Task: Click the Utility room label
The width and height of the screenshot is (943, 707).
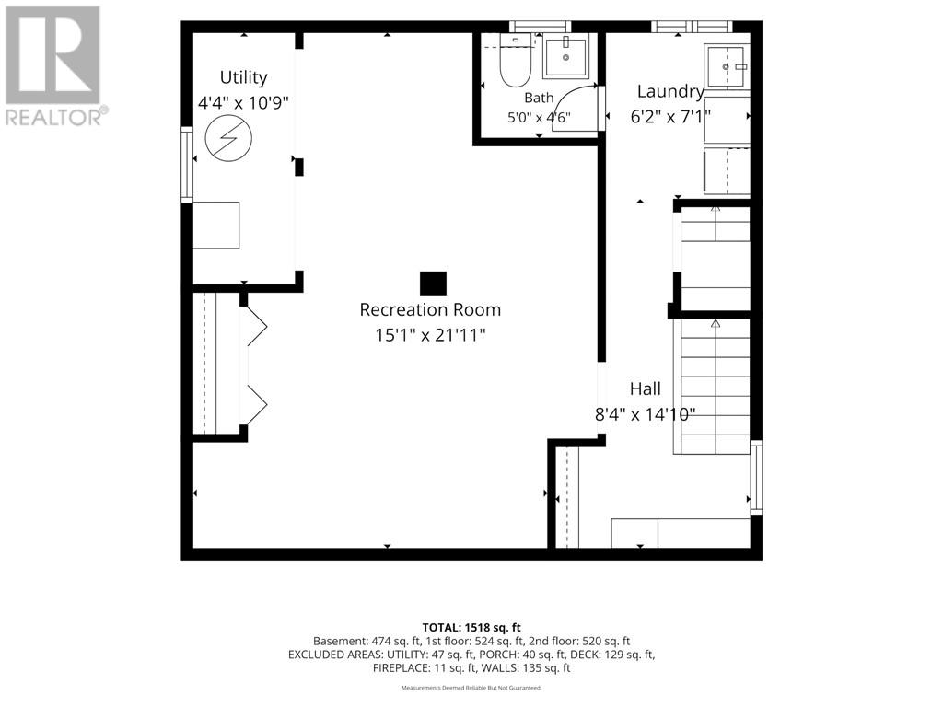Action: (x=243, y=78)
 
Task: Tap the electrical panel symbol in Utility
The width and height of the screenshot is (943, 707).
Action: (x=228, y=138)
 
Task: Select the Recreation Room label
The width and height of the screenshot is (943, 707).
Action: (x=430, y=309)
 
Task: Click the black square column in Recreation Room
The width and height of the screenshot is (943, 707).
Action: (x=433, y=284)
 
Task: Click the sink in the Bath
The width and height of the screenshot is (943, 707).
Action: (x=565, y=56)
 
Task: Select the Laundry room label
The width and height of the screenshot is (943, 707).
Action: (x=670, y=91)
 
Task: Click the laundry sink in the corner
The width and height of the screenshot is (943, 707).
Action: (x=728, y=66)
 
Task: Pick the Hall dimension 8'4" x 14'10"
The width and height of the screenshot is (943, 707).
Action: (x=646, y=414)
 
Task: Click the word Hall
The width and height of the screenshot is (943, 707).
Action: (x=646, y=389)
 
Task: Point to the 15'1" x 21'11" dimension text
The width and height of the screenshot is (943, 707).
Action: (x=430, y=335)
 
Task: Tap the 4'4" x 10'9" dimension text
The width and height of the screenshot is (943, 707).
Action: (x=243, y=103)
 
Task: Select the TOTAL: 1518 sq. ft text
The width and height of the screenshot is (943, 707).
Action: (x=471, y=628)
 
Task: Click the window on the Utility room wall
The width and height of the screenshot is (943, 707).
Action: (x=187, y=164)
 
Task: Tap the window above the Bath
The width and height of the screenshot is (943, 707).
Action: (x=540, y=27)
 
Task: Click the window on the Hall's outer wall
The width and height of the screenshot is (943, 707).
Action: (x=756, y=478)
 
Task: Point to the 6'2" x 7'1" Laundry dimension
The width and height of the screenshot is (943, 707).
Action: (x=670, y=116)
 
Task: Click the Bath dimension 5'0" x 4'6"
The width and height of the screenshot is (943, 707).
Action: (x=539, y=117)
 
